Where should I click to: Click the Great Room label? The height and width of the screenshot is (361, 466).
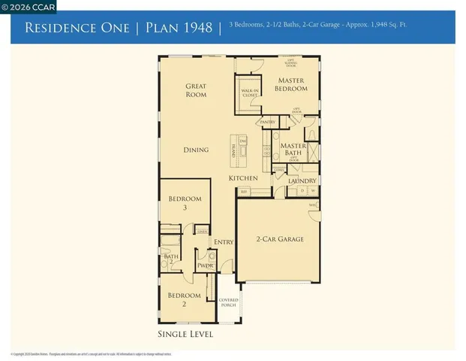click(x=196, y=91)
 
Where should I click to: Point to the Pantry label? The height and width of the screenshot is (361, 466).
click(x=267, y=122)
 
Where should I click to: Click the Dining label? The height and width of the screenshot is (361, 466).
click(x=196, y=150)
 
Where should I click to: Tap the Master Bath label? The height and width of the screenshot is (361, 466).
click(x=293, y=150)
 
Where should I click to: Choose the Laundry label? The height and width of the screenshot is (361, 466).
click(x=302, y=180)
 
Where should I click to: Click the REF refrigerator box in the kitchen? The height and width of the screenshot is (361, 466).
click(x=244, y=192)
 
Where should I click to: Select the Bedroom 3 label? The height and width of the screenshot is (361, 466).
click(x=185, y=202)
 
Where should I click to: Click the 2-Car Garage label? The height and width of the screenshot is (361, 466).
click(x=280, y=239)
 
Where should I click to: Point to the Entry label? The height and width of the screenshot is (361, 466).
click(x=224, y=241)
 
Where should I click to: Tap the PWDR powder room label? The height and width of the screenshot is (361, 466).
click(x=205, y=265)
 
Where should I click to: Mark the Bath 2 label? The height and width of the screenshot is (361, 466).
click(x=170, y=259)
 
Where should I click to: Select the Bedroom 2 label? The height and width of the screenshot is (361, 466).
click(x=185, y=299)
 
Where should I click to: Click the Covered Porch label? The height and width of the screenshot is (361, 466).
click(x=228, y=302)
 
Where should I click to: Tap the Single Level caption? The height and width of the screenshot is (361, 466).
click(x=185, y=334)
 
